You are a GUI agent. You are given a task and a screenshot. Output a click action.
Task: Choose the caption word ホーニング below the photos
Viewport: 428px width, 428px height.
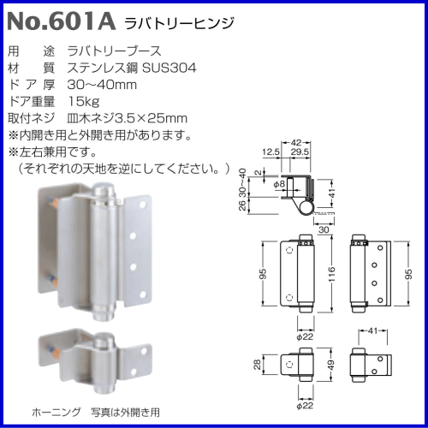[53, 411]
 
